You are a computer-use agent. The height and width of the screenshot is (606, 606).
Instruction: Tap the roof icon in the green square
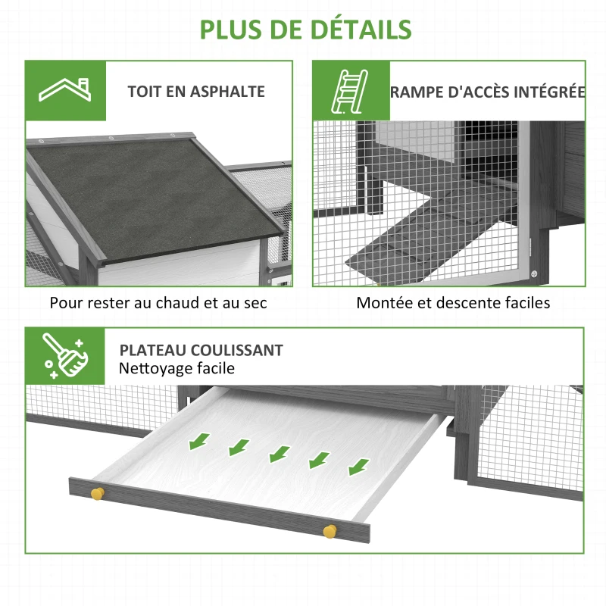[66, 91]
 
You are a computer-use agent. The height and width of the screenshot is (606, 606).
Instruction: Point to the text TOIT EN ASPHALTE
[196, 92]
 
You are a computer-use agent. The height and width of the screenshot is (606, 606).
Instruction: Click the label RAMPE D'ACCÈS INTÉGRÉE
[487, 92]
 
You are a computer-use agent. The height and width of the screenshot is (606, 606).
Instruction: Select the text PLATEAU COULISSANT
[201, 350]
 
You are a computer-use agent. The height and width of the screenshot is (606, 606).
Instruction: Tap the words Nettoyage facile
[176, 369]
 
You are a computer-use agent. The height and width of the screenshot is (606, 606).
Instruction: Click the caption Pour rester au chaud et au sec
[158, 303]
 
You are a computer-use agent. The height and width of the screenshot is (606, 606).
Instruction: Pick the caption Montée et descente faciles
[453, 303]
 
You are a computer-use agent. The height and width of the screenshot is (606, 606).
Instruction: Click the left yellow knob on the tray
[96, 494]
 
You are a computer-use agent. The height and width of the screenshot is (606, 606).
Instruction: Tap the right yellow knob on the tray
[329, 529]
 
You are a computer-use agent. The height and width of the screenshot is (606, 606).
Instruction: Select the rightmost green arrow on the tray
[358, 465]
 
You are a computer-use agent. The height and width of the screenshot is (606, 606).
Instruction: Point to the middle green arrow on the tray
[280, 453]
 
